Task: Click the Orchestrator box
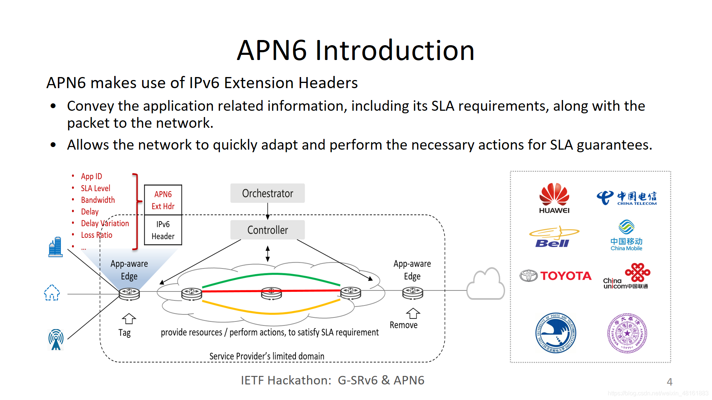coord(267,193)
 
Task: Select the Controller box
coord(267,230)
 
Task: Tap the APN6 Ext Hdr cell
coord(163,200)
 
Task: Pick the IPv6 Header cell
coord(163,230)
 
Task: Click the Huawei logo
coord(554,198)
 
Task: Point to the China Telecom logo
coord(626,198)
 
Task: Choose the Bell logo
coord(554,237)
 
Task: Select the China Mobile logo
coord(626,236)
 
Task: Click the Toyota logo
coord(556,276)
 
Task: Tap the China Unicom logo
coord(626,276)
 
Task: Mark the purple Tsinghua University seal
coord(627,333)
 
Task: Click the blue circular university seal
coord(556,333)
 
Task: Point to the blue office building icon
coord(55,247)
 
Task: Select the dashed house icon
coord(52,293)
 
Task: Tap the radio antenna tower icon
coord(56,339)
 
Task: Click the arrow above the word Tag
coord(129,319)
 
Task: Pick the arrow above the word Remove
coord(413,313)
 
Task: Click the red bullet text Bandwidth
coord(98,200)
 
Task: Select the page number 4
coord(669,381)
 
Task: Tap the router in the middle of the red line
coord(271,293)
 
